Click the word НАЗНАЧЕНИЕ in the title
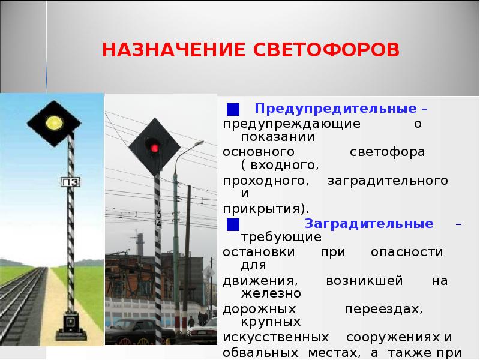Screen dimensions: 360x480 tap(166, 49)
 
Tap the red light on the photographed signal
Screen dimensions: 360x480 tap(154, 147)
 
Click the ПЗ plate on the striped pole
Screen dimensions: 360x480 tap(71, 182)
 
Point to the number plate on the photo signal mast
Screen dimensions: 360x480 tap(158, 218)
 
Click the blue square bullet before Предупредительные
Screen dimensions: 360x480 tap(233, 110)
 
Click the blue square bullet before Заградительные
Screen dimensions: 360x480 tap(233, 224)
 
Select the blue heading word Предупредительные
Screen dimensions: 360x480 tap(335, 109)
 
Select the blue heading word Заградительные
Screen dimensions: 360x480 tap(369, 224)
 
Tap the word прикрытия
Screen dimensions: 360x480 tap(265, 209)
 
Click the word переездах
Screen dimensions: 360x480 tap(384, 310)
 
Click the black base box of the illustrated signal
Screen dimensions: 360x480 tap(71, 323)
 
